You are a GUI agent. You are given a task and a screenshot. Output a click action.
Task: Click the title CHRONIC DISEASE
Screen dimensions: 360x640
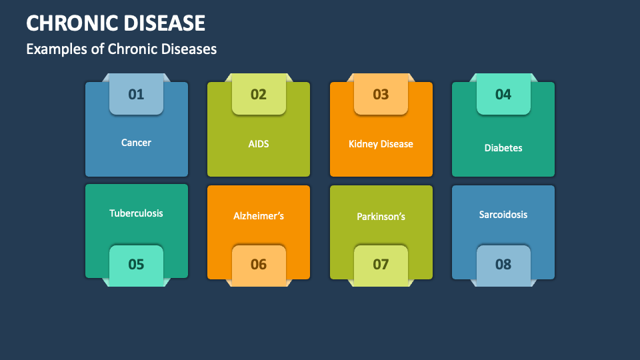[115, 23]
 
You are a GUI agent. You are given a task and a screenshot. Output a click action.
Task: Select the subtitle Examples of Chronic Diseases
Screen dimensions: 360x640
[121, 49]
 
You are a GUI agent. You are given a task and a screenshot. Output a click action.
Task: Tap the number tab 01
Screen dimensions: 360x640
[136, 94]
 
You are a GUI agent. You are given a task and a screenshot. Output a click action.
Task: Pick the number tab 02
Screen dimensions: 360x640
[259, 94]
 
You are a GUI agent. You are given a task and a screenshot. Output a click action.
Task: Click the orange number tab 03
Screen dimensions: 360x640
[381, 94]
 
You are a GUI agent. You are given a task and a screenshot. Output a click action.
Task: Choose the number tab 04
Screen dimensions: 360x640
[503, 94]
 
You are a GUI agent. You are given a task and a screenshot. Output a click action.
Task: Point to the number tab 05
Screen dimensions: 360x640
[136, 265]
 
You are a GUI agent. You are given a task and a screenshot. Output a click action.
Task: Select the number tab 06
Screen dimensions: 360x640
[259, 265]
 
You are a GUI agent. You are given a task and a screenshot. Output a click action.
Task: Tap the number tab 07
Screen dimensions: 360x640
[381, 265]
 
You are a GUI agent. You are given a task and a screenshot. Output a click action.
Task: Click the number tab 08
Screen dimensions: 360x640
[503, 265]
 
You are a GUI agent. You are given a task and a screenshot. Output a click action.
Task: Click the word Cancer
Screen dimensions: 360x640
[136, 143]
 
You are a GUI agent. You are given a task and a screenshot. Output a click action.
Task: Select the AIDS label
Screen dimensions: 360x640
[259, 143]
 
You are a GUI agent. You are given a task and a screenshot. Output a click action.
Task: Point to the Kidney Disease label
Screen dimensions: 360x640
[381, 144]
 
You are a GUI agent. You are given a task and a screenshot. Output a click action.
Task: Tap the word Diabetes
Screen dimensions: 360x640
[503, 148]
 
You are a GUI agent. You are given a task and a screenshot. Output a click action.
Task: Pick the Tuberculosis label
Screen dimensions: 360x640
[136, 213]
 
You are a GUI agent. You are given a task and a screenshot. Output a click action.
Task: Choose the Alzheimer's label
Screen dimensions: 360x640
[259, 216]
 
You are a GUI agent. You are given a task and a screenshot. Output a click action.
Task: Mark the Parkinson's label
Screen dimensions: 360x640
[381, 217]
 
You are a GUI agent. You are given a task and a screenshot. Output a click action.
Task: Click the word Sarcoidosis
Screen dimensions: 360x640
[503, 215]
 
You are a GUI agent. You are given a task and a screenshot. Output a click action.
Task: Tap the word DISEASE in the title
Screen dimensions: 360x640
[163, 23]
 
